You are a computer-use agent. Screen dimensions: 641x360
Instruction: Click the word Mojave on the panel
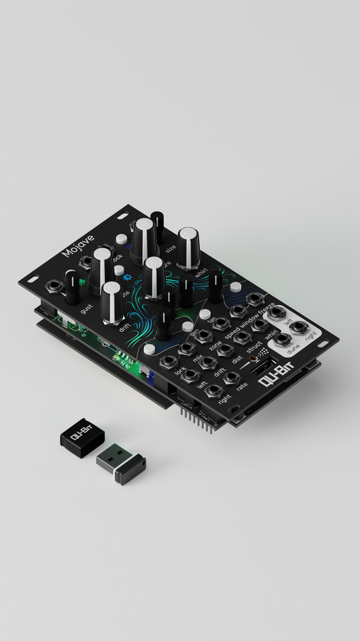pos(78,246)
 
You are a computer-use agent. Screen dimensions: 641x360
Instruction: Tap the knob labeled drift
pos(111,301)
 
